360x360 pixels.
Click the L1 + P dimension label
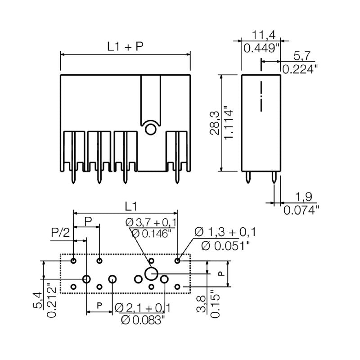click(x=125, y=46)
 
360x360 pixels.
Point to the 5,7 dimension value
click(x=302, y=56)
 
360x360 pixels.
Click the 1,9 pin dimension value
click(x=304, y=197)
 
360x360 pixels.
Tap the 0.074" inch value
click(x=301, y=209)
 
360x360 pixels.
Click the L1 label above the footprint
click(x=130, y=207)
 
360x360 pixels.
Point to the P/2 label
click(x=60, y=233)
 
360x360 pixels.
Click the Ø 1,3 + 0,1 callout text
click(x=225, y=232)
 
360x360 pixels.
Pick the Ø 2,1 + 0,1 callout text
click(x=142, y=308)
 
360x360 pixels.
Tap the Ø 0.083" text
click(x=143, y=319)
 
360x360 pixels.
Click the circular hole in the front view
click(x=150, y=130)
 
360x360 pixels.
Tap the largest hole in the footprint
click(x=151, y=273)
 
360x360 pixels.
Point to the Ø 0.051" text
click(x=225, y=245)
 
